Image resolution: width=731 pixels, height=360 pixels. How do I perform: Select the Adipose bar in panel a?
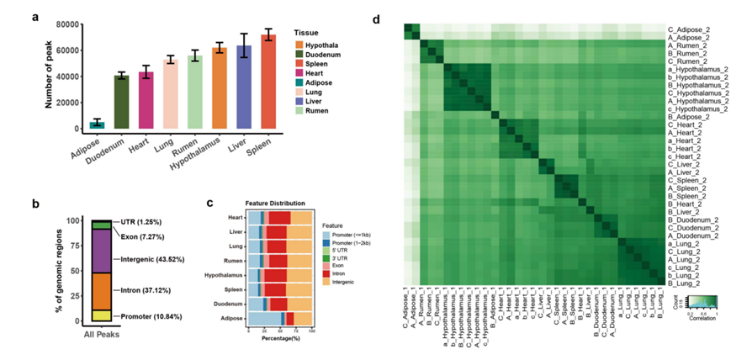(x=98, y=124)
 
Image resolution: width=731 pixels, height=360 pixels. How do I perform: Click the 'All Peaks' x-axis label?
(x=102, y=336)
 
